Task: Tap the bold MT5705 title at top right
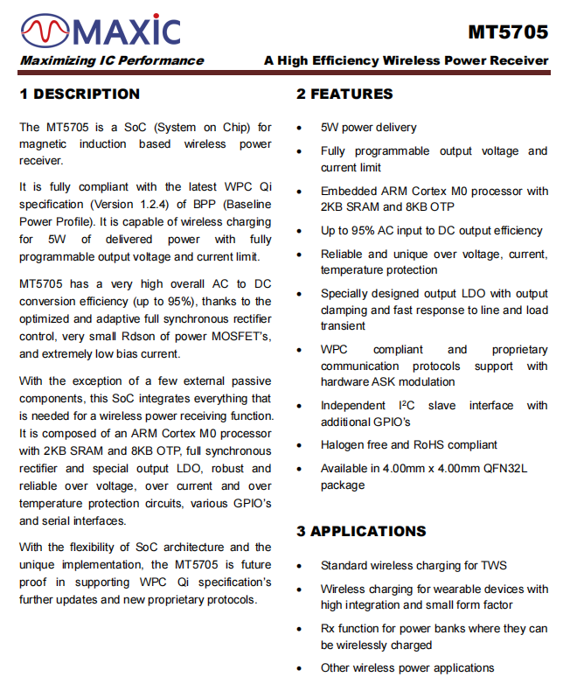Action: pos(508,32)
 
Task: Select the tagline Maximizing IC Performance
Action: pos(112,60)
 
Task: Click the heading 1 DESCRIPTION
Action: pos(80,94)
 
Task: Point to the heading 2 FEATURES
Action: pos(344,94)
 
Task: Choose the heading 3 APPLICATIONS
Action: pos(361,531)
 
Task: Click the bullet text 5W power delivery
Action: pos(368,127)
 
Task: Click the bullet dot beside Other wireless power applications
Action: pos(300,669)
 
